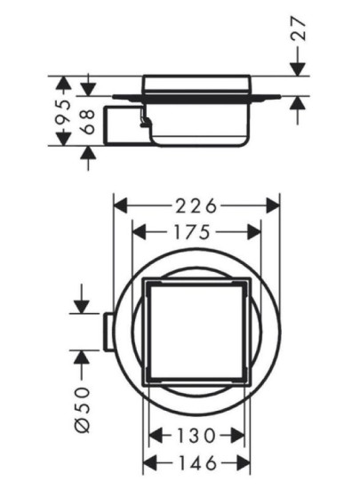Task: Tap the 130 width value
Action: [x=195, y=437]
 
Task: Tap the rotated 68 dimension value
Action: [x=88, y=121]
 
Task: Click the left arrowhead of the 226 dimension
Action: [x=118, y=206]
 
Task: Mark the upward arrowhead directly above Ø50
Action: [x=82, y=357]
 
